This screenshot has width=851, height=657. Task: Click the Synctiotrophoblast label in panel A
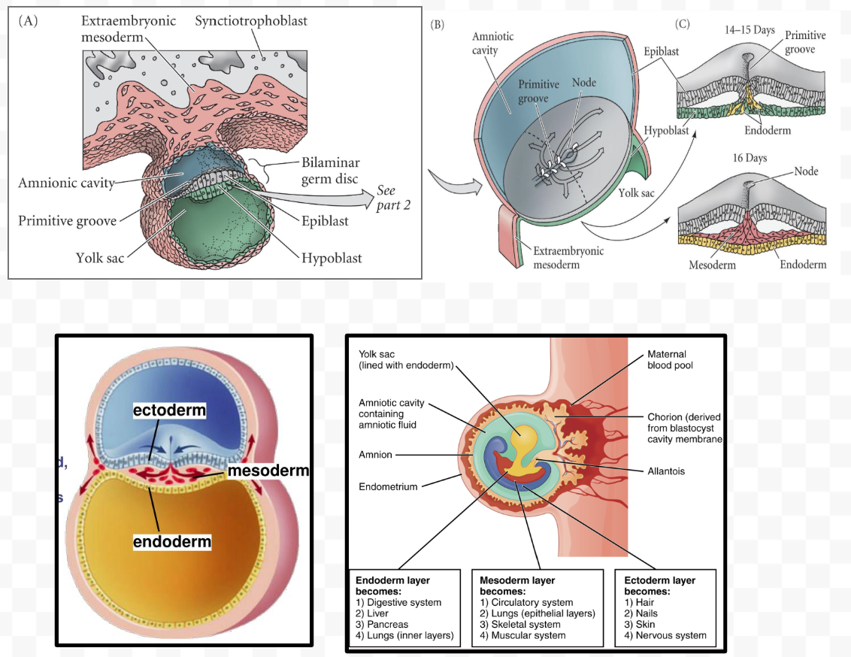tap(250, 20)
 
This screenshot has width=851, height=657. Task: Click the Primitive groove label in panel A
tap(67, 220)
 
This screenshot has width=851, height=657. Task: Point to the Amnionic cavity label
tap(65, 183)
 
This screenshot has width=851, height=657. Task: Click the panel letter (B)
tap(438, 23)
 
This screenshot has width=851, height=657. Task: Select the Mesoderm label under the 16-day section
tap(712, 265)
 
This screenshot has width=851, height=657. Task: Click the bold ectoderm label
tap(169, 410)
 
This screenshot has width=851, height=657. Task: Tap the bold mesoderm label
tap(268, 471)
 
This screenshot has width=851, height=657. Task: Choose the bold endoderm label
tap(172, 541)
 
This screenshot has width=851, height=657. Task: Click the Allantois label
tap(666, 471)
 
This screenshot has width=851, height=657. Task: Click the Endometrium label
tap(387, 486)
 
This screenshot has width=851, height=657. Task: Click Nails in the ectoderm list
tap(644, 613)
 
